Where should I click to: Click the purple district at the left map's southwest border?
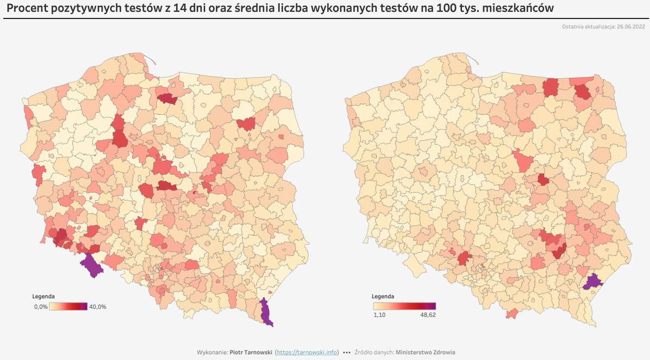[91, 266]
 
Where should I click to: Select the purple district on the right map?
[594, 282]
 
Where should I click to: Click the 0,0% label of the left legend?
[41, 306]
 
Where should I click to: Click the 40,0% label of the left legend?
[97, 306]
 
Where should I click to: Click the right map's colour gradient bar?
[404, 306]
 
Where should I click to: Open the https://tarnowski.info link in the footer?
[307, 352]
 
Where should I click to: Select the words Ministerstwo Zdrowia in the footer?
[426, 352]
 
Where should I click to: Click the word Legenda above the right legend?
[383, 297]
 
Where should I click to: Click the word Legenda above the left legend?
[43, 297]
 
